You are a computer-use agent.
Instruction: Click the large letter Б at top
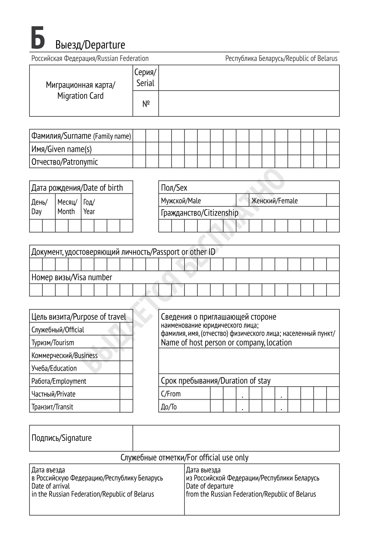coord(38,38)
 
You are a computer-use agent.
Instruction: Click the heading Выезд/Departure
coord(90,45)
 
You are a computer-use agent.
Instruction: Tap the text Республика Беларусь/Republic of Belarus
coord(281,58)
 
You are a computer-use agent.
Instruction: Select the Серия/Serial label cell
coord(145,78)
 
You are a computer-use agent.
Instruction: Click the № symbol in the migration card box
coord(146,104)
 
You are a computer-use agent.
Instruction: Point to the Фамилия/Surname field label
coord(81,136)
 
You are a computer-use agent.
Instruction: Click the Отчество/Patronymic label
coord(65,162)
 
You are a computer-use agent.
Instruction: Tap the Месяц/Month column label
coord(68,207)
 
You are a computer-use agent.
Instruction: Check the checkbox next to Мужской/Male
coord(242,200)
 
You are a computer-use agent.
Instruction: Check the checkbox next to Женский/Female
coord(333,200)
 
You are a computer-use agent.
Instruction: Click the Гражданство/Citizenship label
coord(199,213)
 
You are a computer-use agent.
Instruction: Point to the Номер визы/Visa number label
coord(72,277)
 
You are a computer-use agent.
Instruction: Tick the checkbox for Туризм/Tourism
coord(126,343)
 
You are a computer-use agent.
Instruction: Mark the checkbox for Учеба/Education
coord(126,368)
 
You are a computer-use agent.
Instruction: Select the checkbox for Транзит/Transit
coord(126,407)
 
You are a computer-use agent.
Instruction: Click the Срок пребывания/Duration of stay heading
coord(215,381)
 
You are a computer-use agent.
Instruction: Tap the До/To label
coord(169,407)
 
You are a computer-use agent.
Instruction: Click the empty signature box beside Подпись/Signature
coord(236,438)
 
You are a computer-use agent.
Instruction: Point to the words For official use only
coord(218,458)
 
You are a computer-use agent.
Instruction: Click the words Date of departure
coord(210,486)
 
